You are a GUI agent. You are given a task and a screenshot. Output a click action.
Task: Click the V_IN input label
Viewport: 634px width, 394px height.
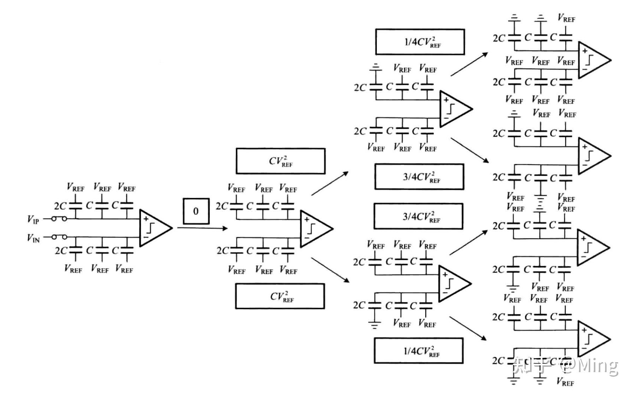pyautogui.click(x=33, y=238)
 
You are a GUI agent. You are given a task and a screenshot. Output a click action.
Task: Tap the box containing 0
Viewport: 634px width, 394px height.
pyautogui.click(x=196, y=211)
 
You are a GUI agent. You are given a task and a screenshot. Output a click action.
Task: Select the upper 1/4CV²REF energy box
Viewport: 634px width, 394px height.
pyautogui.click(x=420, y=42)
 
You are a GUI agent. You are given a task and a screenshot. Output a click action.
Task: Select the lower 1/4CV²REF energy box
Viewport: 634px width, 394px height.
pyautogui.click(x=419, y=351)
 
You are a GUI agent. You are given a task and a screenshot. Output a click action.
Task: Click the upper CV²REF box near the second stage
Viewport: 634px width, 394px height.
pyautogui.click(x=280, y=161)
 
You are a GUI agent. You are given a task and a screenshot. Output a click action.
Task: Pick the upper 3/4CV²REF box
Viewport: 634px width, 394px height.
pyautogui.click(x=419, y=177)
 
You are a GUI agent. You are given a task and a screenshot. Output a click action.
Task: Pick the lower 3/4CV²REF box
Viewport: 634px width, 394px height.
pyautogui.click(x=419, y=216)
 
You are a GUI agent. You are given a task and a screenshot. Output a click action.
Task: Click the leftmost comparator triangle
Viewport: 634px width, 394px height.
pyautogui.click(x=154, y=228)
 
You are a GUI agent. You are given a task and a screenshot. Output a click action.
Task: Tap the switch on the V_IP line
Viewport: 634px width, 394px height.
pyautogui.click(x=59, y=219)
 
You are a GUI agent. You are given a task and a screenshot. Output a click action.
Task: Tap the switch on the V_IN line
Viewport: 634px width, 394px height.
pyautogui.click(x=59, y=237)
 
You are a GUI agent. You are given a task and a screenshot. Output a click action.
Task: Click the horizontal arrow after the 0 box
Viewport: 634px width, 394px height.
pyautogui.click(x=202, y=228)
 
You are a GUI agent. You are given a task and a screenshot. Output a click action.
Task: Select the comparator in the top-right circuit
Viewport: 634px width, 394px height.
pyautogui.click(x=592, y=60)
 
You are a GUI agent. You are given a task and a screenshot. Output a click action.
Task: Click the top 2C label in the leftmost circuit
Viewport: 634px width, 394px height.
pyautogui.click(x=60, y=206)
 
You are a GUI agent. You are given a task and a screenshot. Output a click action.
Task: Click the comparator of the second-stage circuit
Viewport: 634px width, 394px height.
pyautogui.click(x=314, y=229)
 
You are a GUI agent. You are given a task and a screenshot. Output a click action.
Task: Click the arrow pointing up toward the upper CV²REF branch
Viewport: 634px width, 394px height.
pyautogui.click(x=330, y=183)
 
